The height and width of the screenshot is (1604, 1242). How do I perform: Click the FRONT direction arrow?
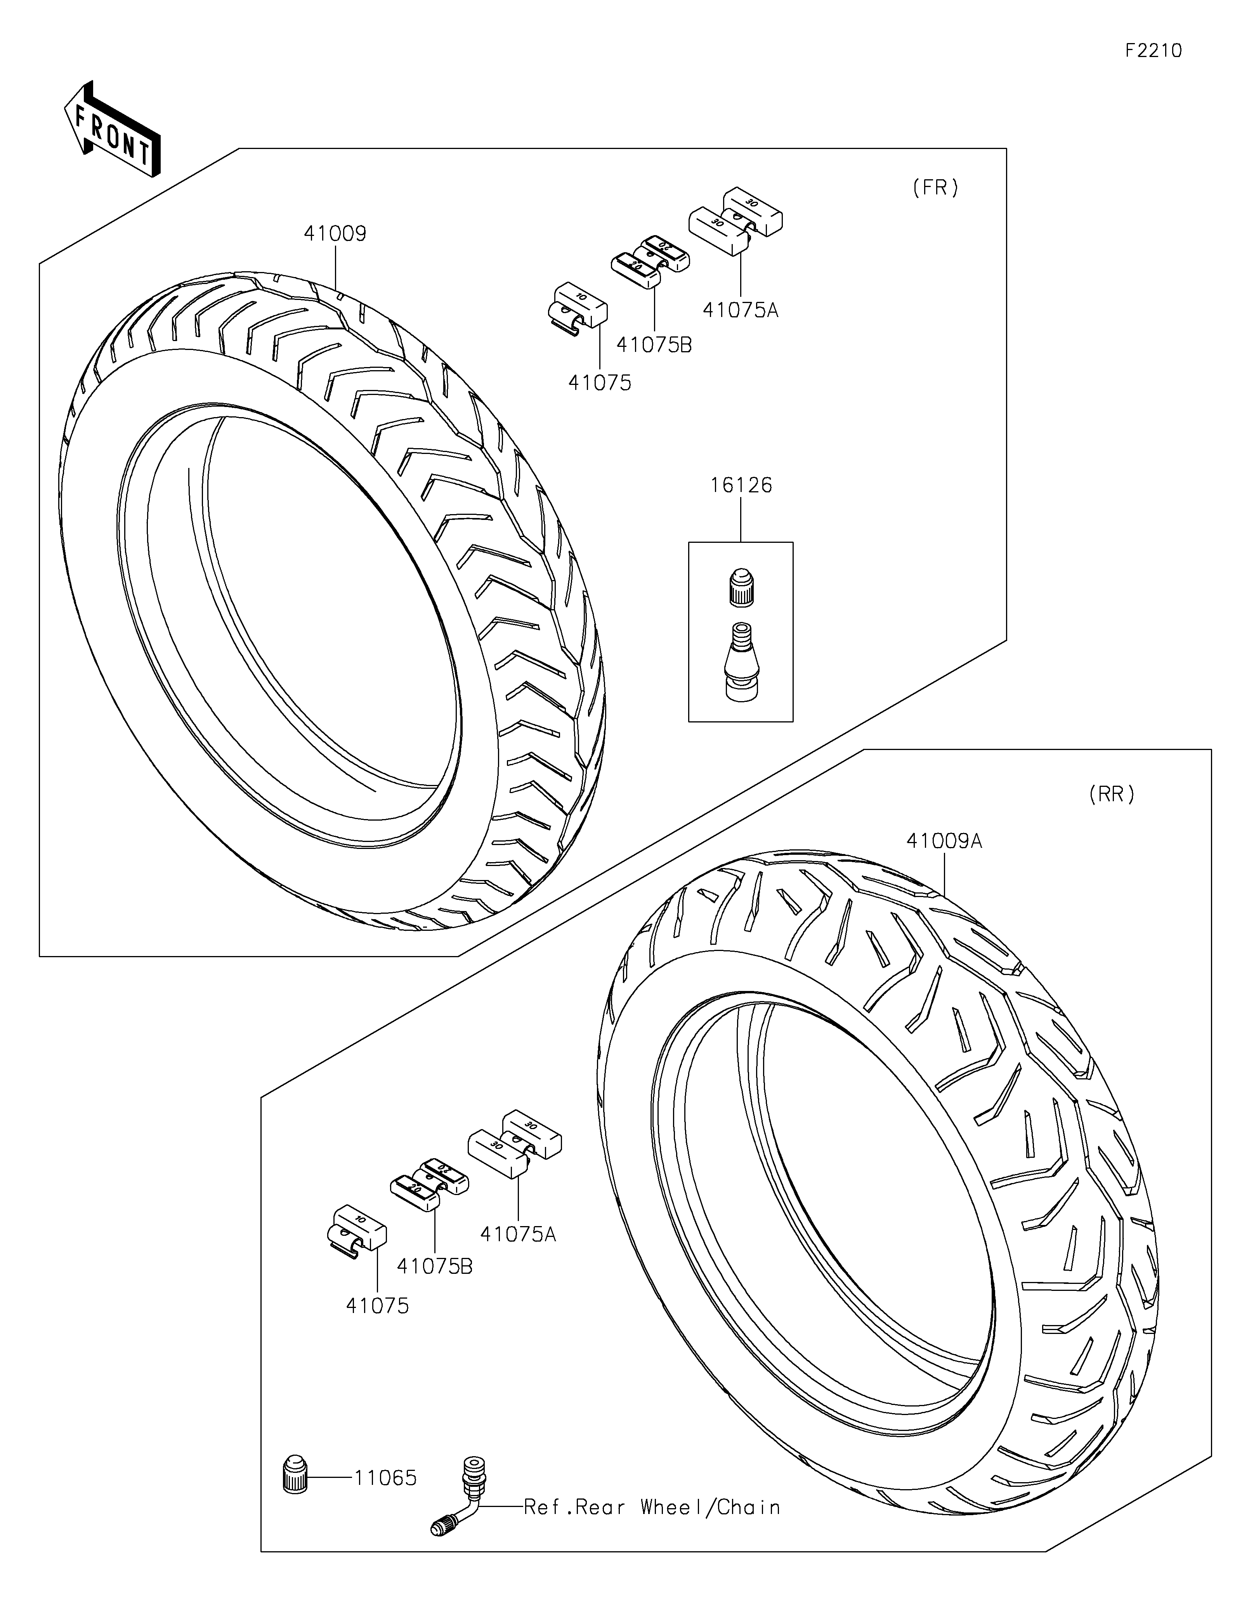coord(113,128)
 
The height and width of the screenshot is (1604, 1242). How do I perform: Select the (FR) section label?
coord(936,188)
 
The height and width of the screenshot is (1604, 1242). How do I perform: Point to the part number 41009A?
coord(944,841)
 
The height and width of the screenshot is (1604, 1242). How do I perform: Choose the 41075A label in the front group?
coord(741,310)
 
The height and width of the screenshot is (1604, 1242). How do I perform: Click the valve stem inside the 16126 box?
coord(741,661)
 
